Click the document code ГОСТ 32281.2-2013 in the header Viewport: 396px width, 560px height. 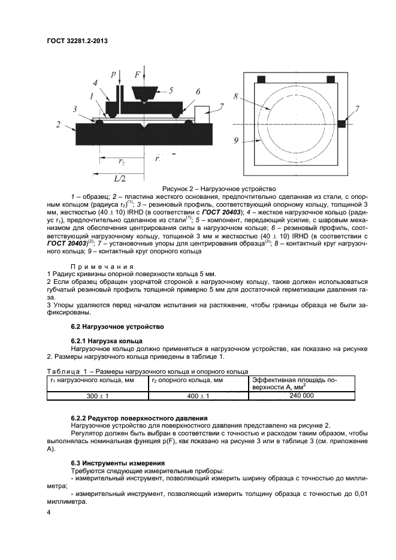81,41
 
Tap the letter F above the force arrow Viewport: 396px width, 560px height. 138,75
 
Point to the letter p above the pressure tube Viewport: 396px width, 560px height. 113,74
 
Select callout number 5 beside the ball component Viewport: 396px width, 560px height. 170,91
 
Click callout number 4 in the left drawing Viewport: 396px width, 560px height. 94,83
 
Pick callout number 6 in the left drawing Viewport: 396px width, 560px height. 197,92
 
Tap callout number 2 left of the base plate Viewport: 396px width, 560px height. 58,124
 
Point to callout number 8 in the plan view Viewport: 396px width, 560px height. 238,96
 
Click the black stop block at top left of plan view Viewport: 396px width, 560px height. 262,79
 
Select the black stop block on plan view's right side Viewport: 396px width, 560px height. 342,123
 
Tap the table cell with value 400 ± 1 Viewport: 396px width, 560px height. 197,396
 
